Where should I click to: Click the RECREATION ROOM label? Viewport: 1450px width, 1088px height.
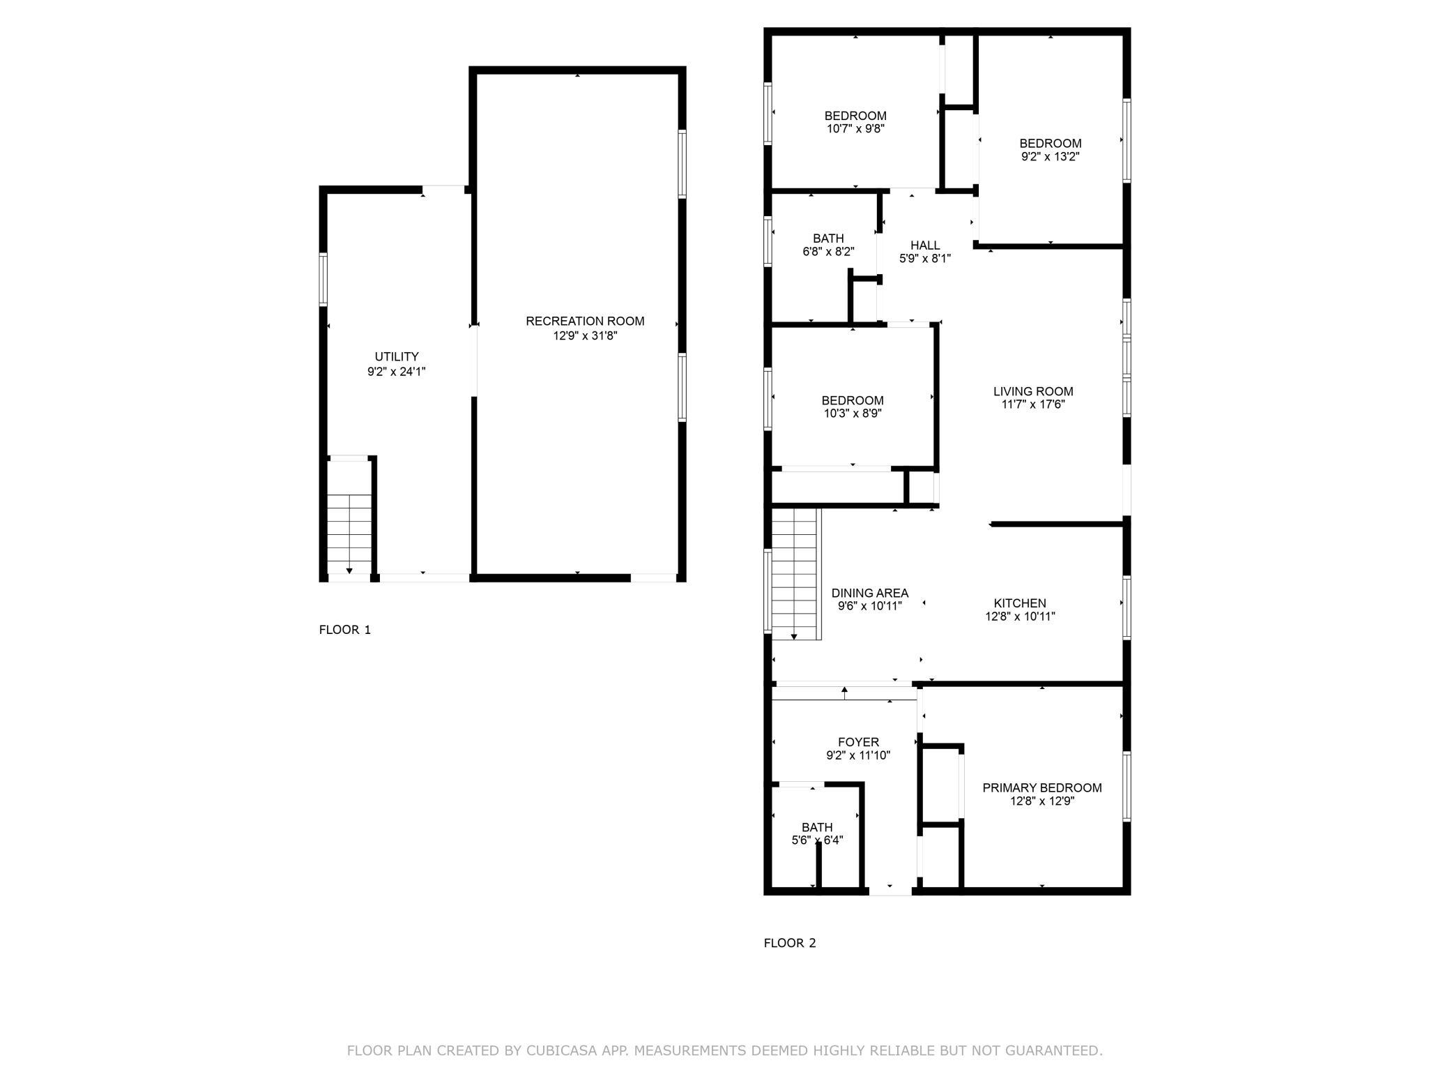pyautogui.click(x=585, y=322)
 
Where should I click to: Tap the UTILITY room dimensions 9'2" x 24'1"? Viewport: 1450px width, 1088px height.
pyautogui.click(x=397, y=372)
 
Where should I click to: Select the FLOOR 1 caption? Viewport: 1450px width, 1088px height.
pyautogui.click(x=345, y=630)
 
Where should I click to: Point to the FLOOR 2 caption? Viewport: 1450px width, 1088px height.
pyautogui.click(x=790, y=943)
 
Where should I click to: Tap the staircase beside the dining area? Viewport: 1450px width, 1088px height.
pyautogui.click(x=795, y=574)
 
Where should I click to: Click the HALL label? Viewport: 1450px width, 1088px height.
pyautogui.click(x=925, y=245)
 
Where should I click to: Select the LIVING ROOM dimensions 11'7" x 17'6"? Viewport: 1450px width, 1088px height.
pyautogui.click(x=1033, y=405)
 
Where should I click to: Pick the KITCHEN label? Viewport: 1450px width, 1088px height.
pyautogui.click(x=1020, y=603)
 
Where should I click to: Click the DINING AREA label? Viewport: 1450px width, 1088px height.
pyautogui.click(x=870, y=594)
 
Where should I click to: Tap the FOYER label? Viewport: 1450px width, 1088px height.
pyautogui.click(x=858, y=742)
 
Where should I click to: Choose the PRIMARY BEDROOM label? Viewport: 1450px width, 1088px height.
pyautogui.click(x=1042, y=788)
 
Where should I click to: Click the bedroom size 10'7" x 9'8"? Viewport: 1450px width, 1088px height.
pyautogui.click(x=855, y=129)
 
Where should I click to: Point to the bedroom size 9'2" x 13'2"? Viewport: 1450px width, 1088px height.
pyautogui.click(x=1051, y=157)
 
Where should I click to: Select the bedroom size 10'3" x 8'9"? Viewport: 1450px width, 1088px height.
pyautogui.click(x=853, y=414)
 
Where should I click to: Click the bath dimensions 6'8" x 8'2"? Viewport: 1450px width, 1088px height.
pyautogui.click(x=828, y=252)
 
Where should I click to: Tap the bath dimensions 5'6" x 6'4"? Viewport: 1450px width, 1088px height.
pyautogui.click(x=817, y=840)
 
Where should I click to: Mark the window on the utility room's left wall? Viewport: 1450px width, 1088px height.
pyautogui.click(x=323, y=279)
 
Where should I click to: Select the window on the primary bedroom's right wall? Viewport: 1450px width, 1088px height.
pyautogui.click(x=1127, y=787)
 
